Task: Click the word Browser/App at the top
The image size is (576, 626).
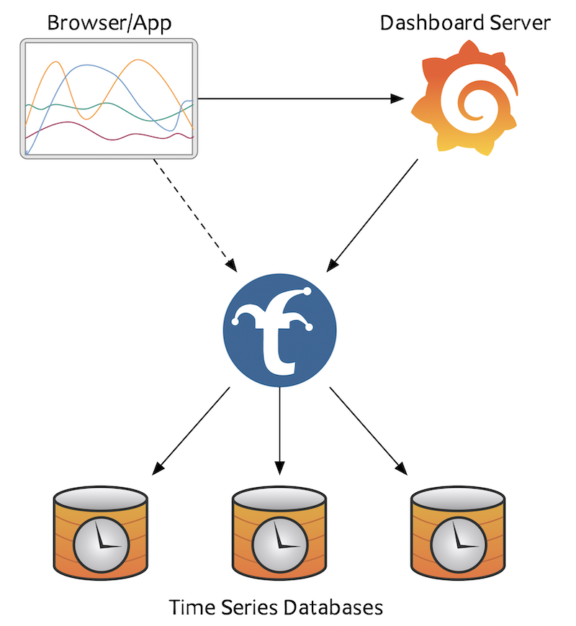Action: click(109, 23)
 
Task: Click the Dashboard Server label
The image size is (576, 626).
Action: click(465, 23)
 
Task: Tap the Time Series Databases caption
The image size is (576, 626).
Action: click(276, 607)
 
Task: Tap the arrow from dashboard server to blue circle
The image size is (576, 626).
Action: click(372, 214)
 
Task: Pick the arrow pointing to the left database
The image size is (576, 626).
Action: click(192, 430)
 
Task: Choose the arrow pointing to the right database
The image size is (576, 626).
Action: click(367, 430)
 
